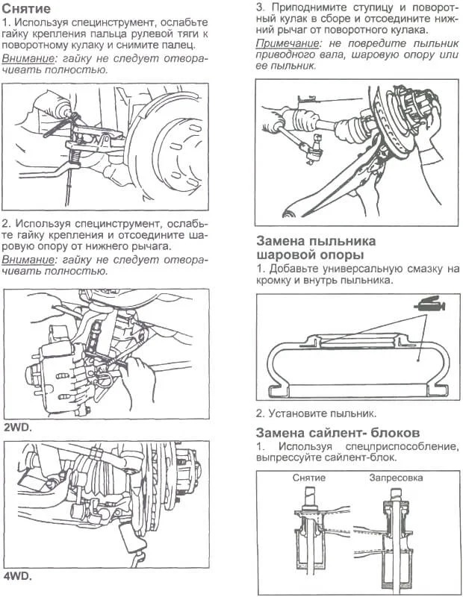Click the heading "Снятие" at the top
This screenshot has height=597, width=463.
(x=27, y=10)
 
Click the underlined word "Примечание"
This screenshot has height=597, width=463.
(x=287, y=43)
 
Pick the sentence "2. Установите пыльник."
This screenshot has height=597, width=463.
(x=316, y=413)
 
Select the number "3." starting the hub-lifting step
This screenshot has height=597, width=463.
(x=261, y=7)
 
